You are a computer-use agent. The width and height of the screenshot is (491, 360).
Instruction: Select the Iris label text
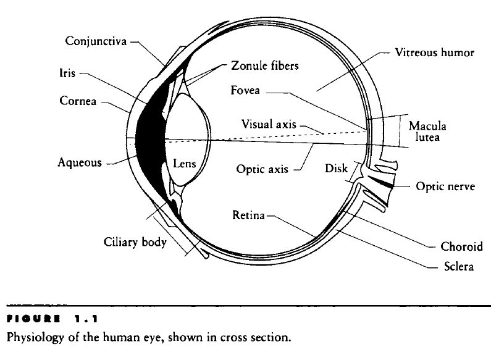[59, 72]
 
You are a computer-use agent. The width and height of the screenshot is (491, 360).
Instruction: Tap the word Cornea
[78, 100]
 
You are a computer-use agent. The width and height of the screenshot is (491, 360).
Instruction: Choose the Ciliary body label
[135, 242]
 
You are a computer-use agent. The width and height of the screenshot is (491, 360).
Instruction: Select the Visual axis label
[269, 123]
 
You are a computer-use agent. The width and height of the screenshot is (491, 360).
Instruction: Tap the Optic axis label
[262, 168]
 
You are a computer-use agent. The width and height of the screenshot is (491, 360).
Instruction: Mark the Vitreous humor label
[435, 52]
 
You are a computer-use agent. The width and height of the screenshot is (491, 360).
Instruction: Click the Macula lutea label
[427, 132]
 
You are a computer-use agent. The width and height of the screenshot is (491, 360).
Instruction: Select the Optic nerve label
[445, 186]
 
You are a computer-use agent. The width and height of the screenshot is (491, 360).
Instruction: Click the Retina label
[248, 216]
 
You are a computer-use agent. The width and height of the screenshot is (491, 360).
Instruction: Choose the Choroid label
[461, 246]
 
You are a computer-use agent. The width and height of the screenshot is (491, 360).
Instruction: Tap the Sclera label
[458, 267]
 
